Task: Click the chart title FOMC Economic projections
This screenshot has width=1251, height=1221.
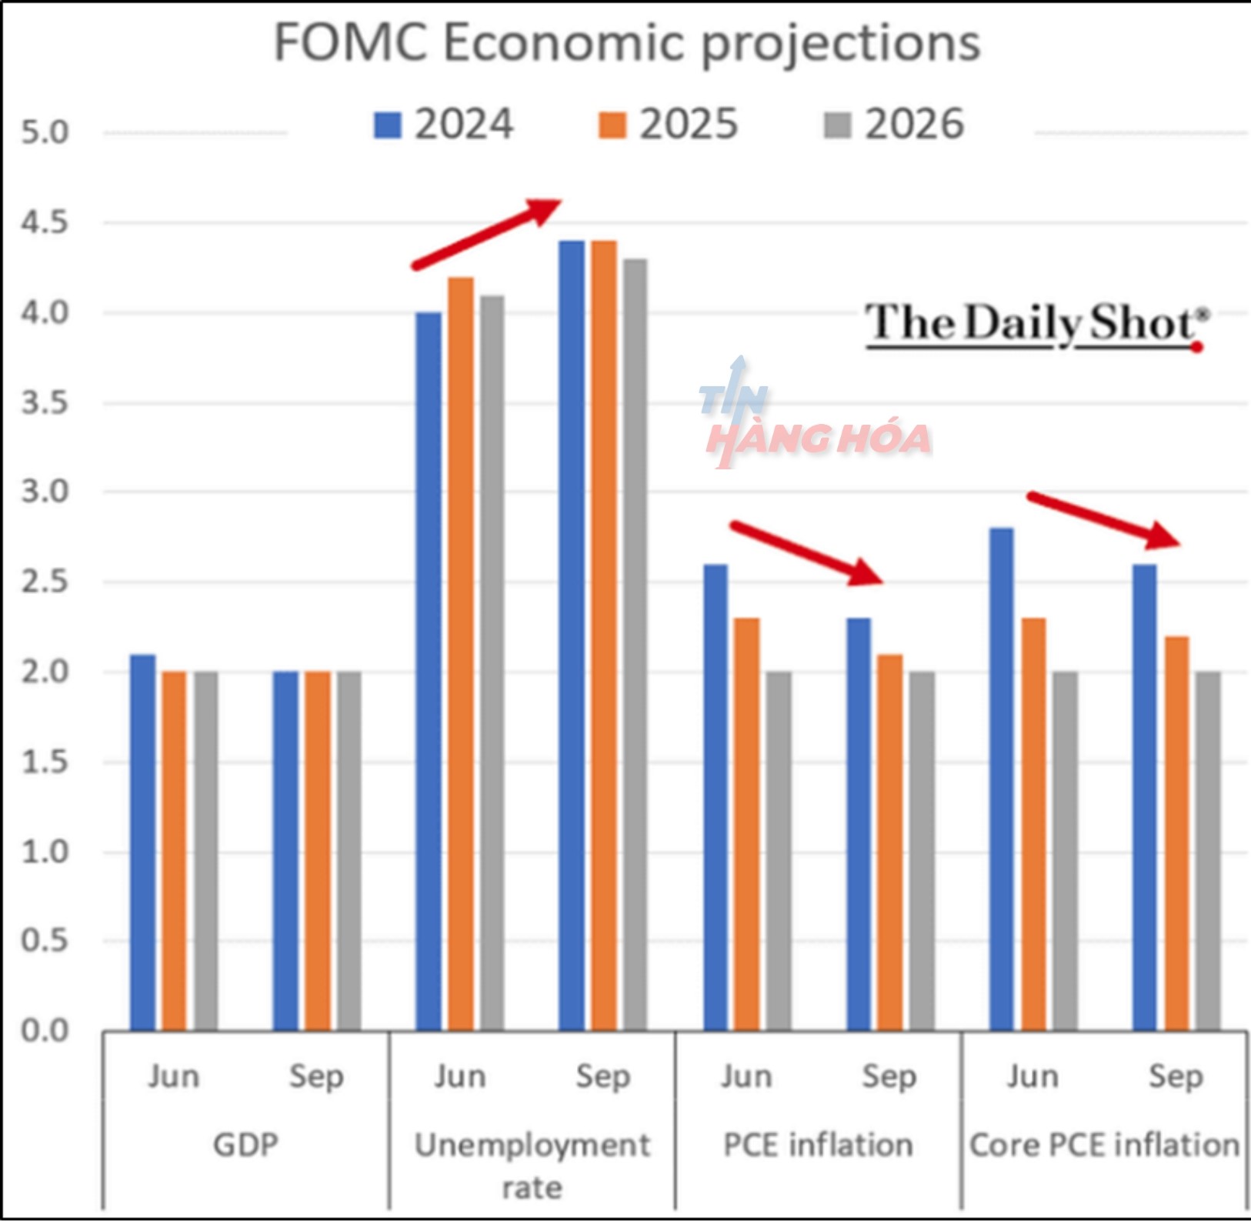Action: pos(627,43)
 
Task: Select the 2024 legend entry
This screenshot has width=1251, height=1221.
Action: pos(444,125)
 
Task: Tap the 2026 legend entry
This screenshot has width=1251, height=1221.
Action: pos(894,125)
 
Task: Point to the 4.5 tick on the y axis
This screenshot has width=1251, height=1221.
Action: pos(45,223)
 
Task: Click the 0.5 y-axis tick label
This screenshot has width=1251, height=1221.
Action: pos(45,941)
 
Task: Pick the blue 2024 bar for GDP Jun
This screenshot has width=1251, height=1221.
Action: pos(142,842)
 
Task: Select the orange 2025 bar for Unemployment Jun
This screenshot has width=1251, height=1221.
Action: pos(461,654)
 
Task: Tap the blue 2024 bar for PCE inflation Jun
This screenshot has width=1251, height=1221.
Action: pos(716,797)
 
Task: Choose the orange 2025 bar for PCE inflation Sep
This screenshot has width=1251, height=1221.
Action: pos(890,842)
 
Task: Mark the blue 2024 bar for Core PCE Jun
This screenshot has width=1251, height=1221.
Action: pos(1001,779)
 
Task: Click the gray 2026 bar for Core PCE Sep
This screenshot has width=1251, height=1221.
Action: pos(1208,851)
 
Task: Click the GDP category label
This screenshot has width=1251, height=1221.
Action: pos(245,1145)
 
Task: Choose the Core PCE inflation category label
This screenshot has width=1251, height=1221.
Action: pos(1104,1145)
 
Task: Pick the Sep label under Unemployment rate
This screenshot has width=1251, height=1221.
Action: pos(602,1076)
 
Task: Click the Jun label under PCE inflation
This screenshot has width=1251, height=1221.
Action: pos(746,1076)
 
